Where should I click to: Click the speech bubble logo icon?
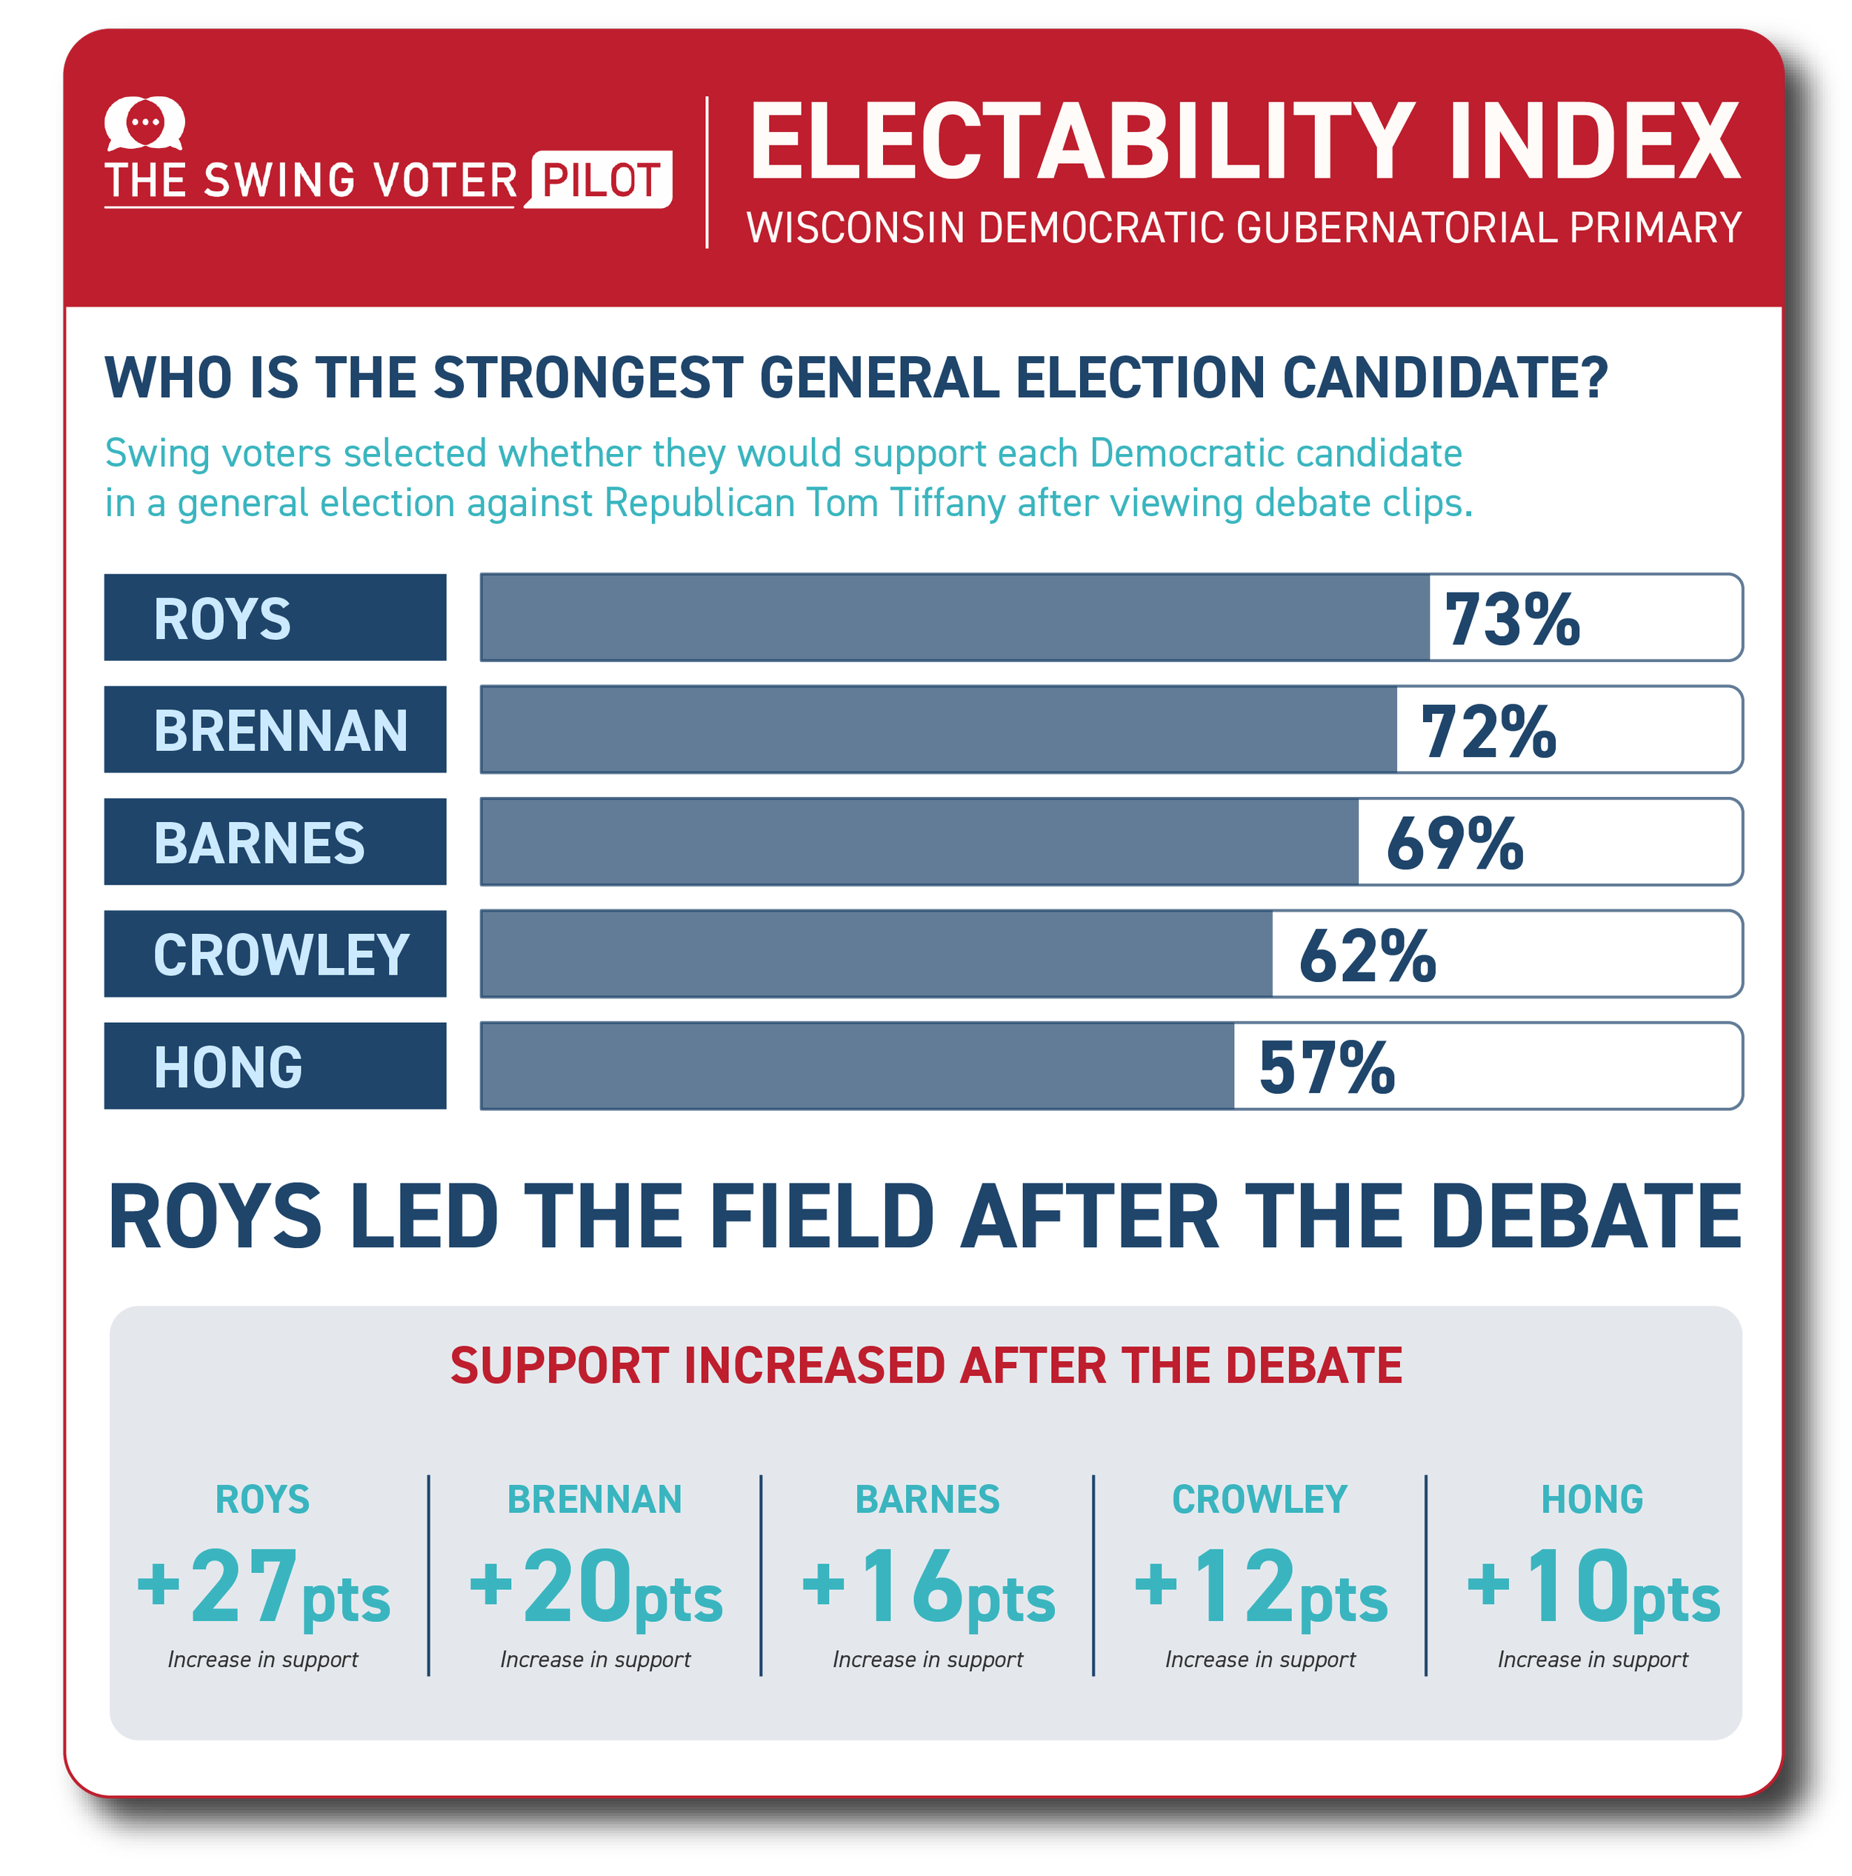pos(144,124)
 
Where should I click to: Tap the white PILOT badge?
pos(599,180)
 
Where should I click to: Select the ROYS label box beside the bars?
pos(275,618)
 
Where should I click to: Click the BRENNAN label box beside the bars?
pos(275,730)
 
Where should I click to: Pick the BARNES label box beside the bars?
pos(275,842)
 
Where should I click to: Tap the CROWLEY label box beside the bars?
pos(275,953)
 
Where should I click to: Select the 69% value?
pos(1455,843)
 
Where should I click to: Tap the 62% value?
pos(1368,955)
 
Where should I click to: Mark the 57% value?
pos(1327,1067)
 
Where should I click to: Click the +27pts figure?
pos(263,1589)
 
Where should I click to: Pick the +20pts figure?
pos(596,1589)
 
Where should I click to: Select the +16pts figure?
pos(928,1589)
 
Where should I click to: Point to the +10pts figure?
pos(1593,1589)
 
